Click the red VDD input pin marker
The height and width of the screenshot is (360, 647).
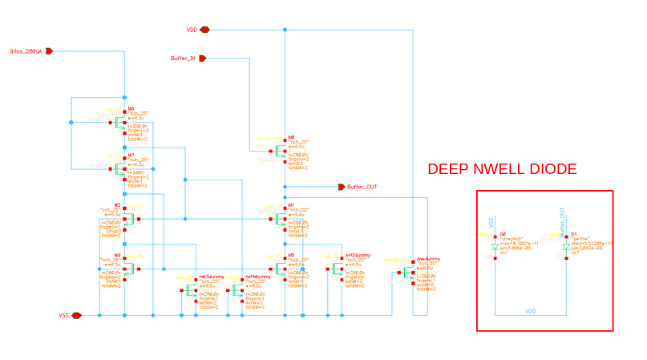pos(205,30)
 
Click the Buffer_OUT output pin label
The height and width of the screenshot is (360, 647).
pos(362,187)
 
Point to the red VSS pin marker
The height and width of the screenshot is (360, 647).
pos(77,315)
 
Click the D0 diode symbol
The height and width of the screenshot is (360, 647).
pos(495,248)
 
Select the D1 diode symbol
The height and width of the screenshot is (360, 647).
pos(565,248)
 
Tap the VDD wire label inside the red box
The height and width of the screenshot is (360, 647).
pos(530,309)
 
